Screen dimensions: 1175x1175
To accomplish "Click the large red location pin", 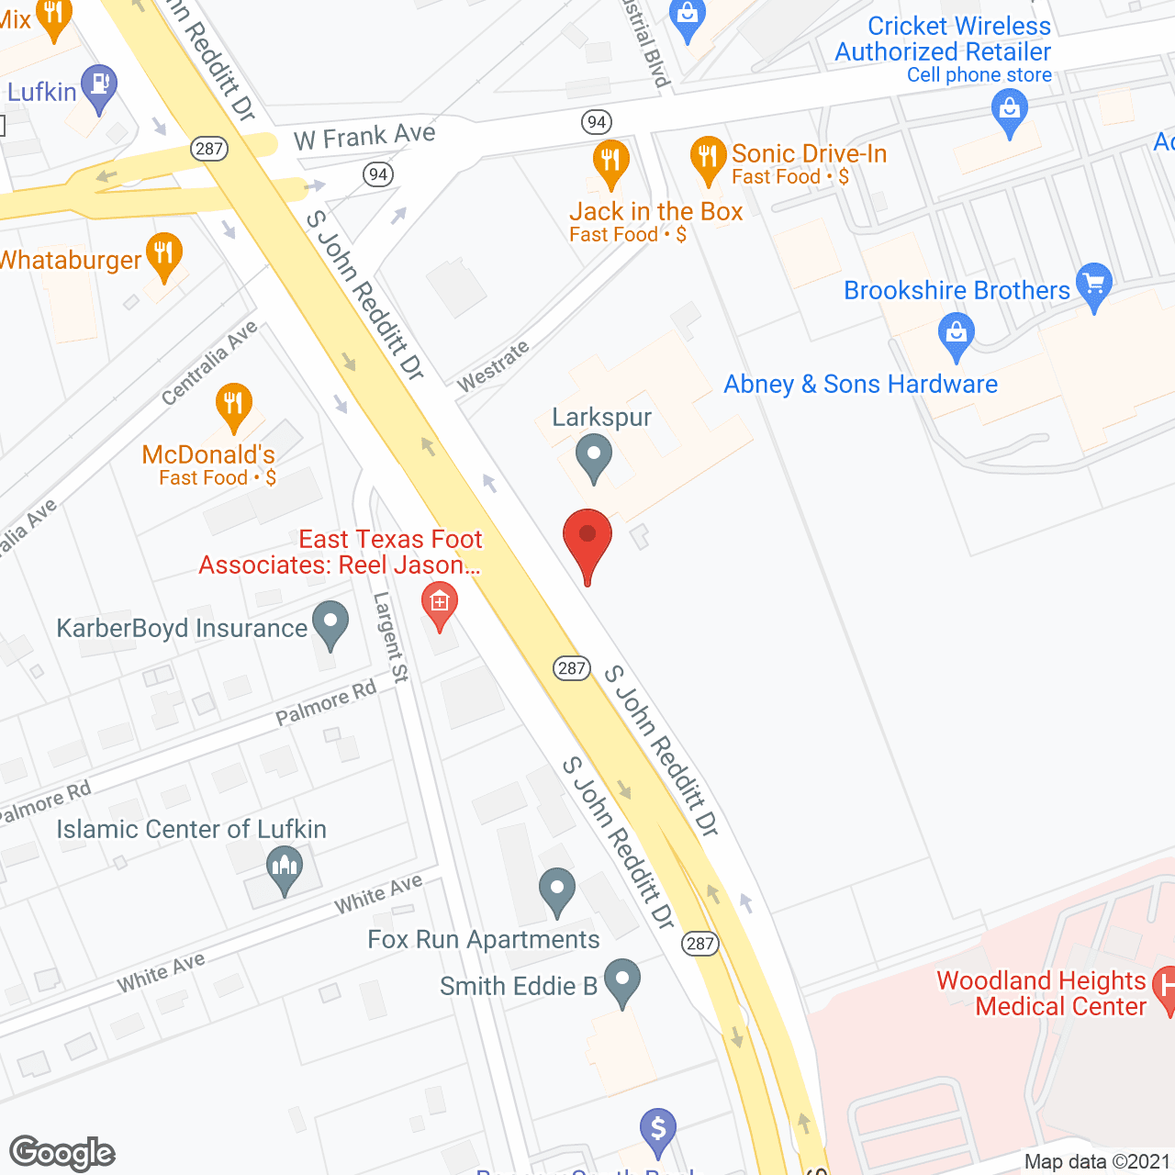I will (x=587, y=540).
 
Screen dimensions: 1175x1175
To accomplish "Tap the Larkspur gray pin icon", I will (x=594, y=455).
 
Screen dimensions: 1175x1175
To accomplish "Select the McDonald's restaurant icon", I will (x=234, y=404).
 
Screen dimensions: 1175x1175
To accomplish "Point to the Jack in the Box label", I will (x=655, y=212).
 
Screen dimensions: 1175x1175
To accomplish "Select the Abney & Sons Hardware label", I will (x=860, y=385).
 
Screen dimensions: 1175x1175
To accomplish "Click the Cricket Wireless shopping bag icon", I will (x=1010, y=112).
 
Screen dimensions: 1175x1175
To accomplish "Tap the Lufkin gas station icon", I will (x=99, y=86).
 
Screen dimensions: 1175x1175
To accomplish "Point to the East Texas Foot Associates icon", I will (x=440, y=605).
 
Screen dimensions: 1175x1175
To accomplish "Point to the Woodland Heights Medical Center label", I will (x=1042, y=993).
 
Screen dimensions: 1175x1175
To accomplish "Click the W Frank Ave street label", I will (x=364, y=137).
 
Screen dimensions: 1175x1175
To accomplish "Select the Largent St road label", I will (x=390, y=637).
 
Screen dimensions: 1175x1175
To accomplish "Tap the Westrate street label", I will (x=493, y=366).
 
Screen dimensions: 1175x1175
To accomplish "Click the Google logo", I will (x=62, y=1153).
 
